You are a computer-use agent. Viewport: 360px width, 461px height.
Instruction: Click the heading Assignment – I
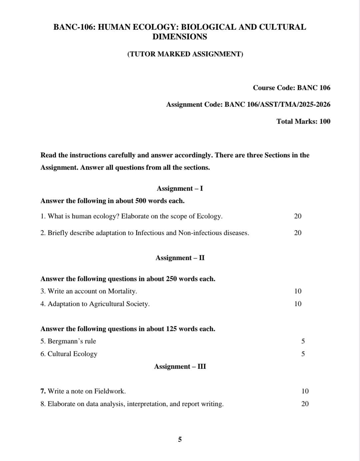click(180, 188)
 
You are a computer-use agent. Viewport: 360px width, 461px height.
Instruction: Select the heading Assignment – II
click(180, 258)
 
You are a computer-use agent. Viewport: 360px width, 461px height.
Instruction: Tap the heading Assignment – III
click(180, 366)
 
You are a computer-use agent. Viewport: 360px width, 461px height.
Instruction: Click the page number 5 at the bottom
click(180, 439)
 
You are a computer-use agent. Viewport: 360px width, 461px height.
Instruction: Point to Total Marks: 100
click(303, 121)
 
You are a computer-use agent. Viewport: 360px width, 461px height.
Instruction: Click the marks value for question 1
click(298, 216)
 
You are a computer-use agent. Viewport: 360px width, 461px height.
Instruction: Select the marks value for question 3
click(298, 291)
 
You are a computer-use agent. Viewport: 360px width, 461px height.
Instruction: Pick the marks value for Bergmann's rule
click(303, 341)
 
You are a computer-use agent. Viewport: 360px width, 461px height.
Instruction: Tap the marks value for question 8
click(305, 404)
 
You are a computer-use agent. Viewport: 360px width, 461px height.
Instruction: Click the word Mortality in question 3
click(122, 291)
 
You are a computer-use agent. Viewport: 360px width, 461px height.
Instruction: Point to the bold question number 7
click(43, 391)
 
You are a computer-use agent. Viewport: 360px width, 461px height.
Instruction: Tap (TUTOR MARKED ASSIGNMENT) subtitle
click(185, 54)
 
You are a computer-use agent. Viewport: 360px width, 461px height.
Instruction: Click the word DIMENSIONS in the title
click(180, 37)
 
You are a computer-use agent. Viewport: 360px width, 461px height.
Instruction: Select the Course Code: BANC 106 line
click(291, 88)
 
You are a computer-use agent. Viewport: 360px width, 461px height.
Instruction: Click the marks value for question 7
click(305, 391)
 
